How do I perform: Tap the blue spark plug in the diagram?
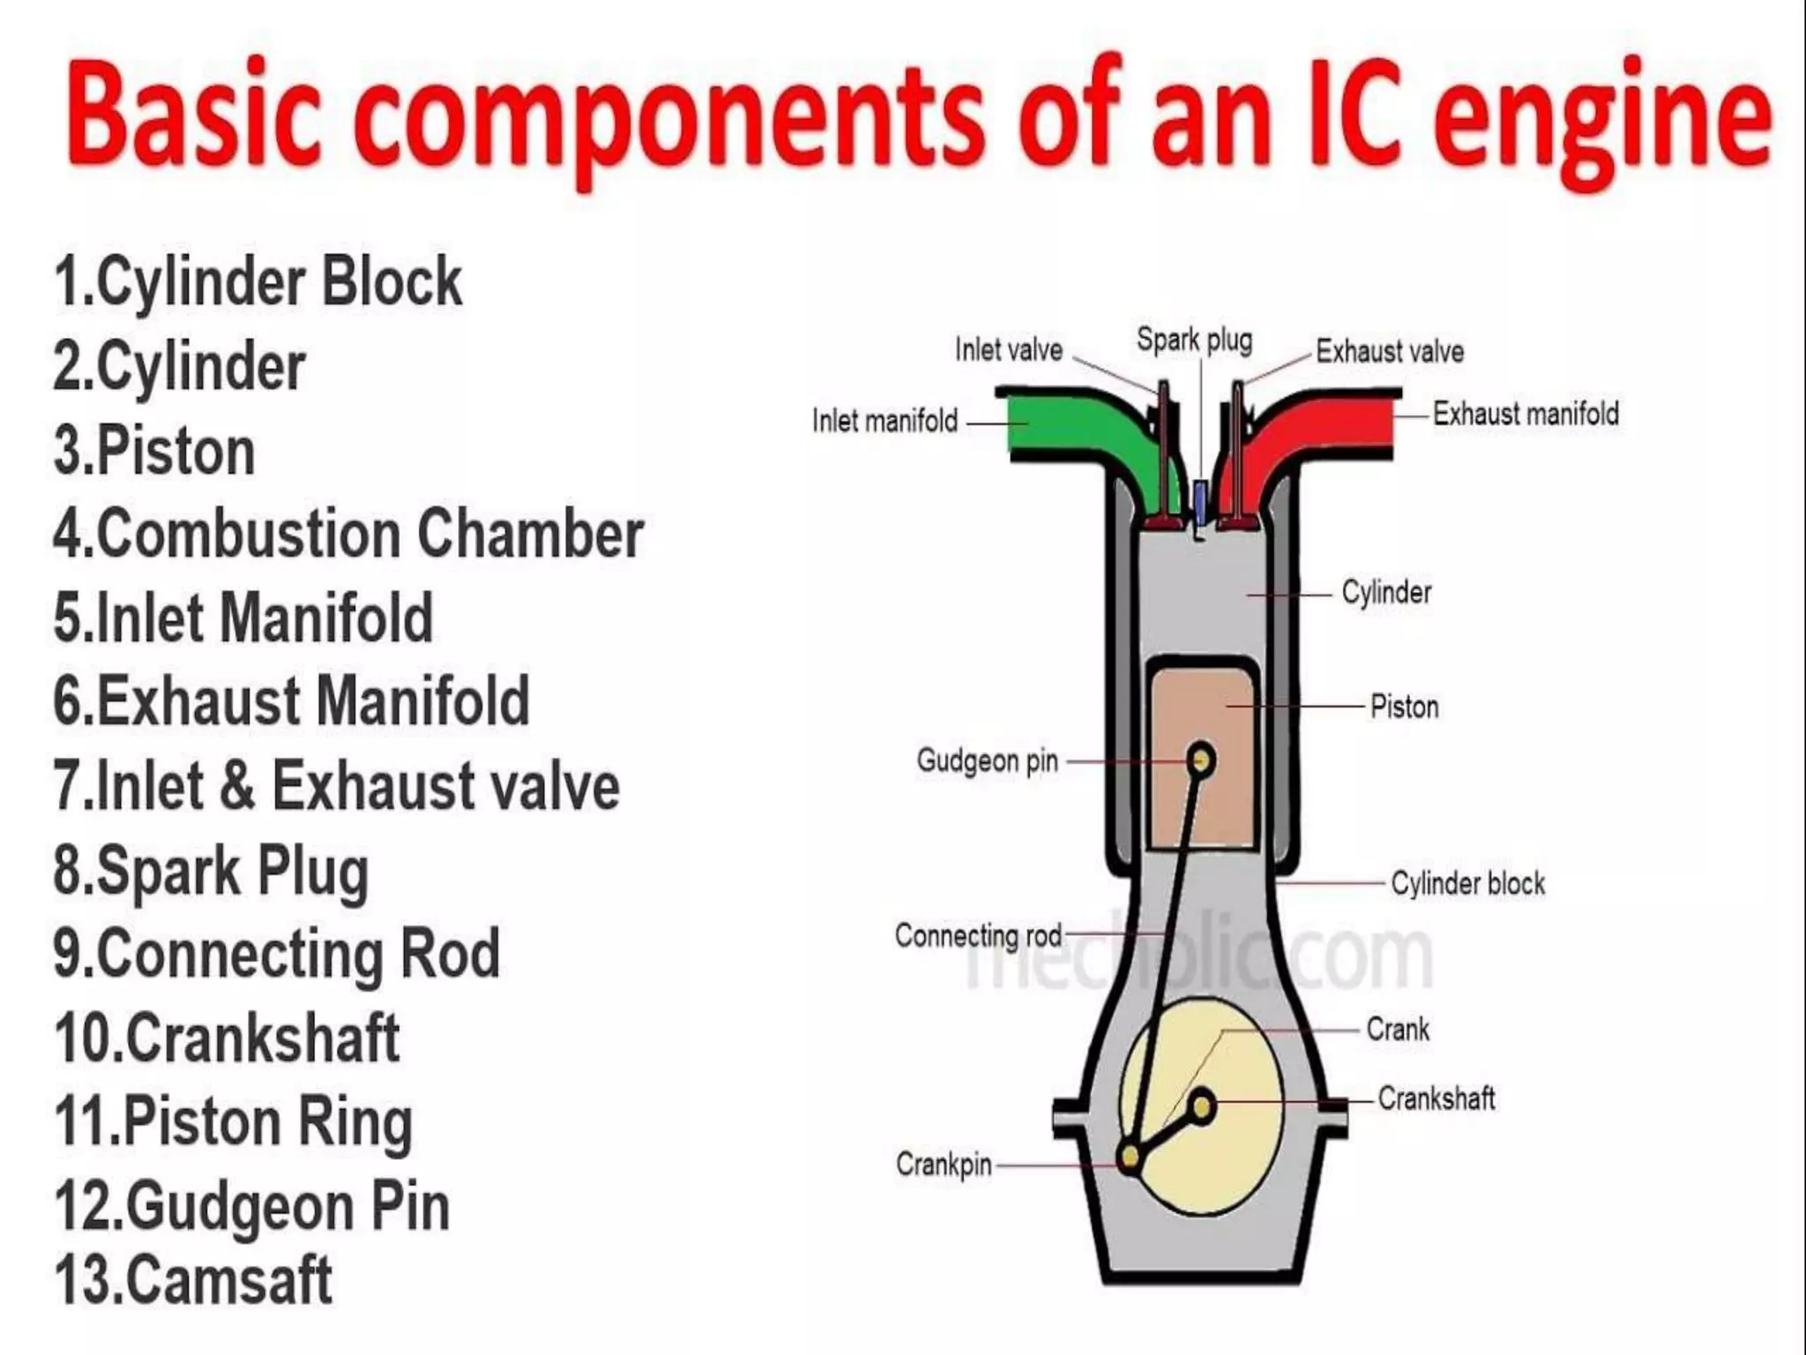pyautogui.click(x=1200, y=499)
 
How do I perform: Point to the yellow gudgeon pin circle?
pyautogui.click(x=1201, y=760)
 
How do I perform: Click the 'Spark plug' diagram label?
pyautogui.click(x=1194, y=340)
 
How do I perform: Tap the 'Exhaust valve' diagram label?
pyautogui.click(x=1390, y=351)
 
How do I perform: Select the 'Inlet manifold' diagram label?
pyautogui.click(x=884, y=421)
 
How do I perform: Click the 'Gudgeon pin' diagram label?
pyautogui.click(x=987, y=760)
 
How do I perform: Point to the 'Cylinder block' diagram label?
pyautogui.click(x=1467, y=883)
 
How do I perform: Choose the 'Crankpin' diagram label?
pyautogui.click(x=944, y=1164)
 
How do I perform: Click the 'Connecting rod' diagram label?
pyautogui.click(x=978, y=935)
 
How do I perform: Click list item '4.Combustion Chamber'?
pyautogui.click(x=348, y=534)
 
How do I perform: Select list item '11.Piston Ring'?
pyautogui.click(x=234, y=1122)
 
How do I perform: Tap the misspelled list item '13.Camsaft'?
pyautogui.click(x=194, y=1279)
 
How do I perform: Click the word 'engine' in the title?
pyautogui.click(x=1601, y=119)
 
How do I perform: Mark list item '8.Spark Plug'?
pyautogui.click(x=212, y=871)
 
